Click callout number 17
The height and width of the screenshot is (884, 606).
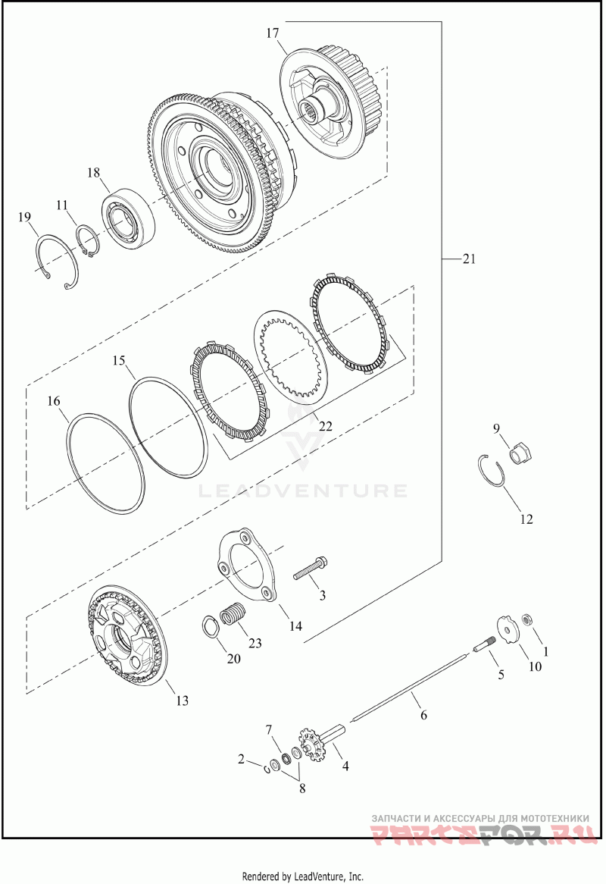tap(273, 33)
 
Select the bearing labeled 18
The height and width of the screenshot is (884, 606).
tap(129, 215)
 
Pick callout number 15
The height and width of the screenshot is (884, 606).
tap(119, 360)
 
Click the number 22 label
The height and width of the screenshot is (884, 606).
tap(325, 426)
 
